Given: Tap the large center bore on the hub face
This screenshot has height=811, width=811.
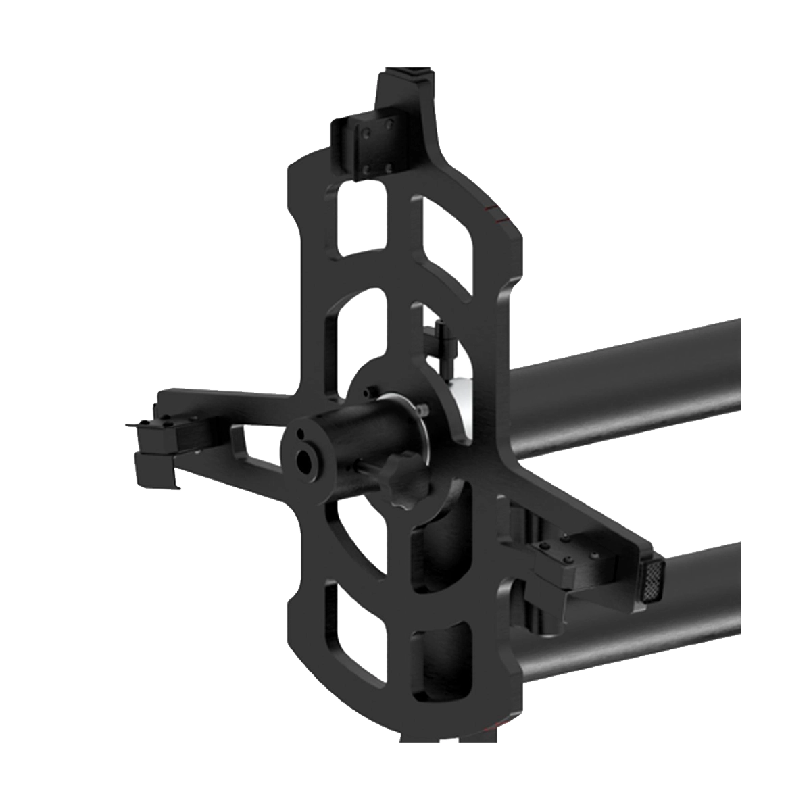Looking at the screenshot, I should [x=305, y=461].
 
